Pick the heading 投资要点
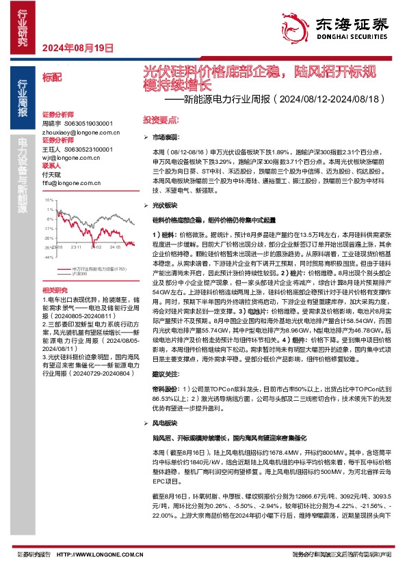pyautogui.click(x=159, y=118)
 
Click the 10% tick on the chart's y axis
pyautogui.click(x=48, y=200)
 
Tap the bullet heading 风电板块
pyautogui.click(x=165, y=423)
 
